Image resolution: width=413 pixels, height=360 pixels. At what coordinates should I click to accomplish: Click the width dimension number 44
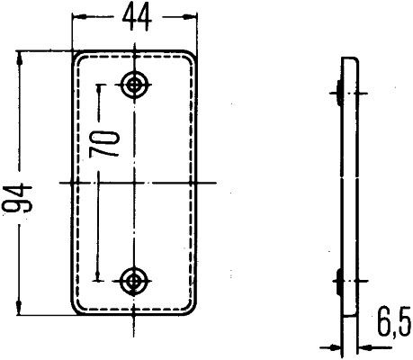pos(135,15)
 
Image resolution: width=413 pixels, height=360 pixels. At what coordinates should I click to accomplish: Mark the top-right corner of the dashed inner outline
pos(186,63)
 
